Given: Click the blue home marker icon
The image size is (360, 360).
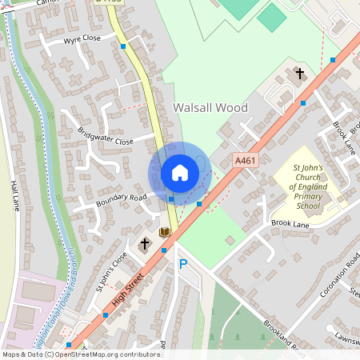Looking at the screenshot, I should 180,173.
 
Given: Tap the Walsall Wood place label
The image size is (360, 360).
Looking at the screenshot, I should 210,107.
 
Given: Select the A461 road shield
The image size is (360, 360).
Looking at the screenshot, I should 246,161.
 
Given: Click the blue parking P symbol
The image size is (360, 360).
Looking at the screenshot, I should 182,264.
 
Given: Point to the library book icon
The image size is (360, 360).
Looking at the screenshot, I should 165,232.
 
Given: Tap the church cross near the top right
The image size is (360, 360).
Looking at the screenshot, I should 300,74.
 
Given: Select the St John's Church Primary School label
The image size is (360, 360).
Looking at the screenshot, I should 297,188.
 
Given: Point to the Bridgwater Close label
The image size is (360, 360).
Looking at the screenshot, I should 106,135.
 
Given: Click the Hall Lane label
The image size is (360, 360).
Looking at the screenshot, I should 14,194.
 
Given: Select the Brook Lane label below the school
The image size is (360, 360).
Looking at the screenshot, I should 290,223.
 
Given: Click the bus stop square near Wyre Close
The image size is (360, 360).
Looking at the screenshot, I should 123,46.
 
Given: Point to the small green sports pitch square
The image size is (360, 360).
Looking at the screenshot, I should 271,17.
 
